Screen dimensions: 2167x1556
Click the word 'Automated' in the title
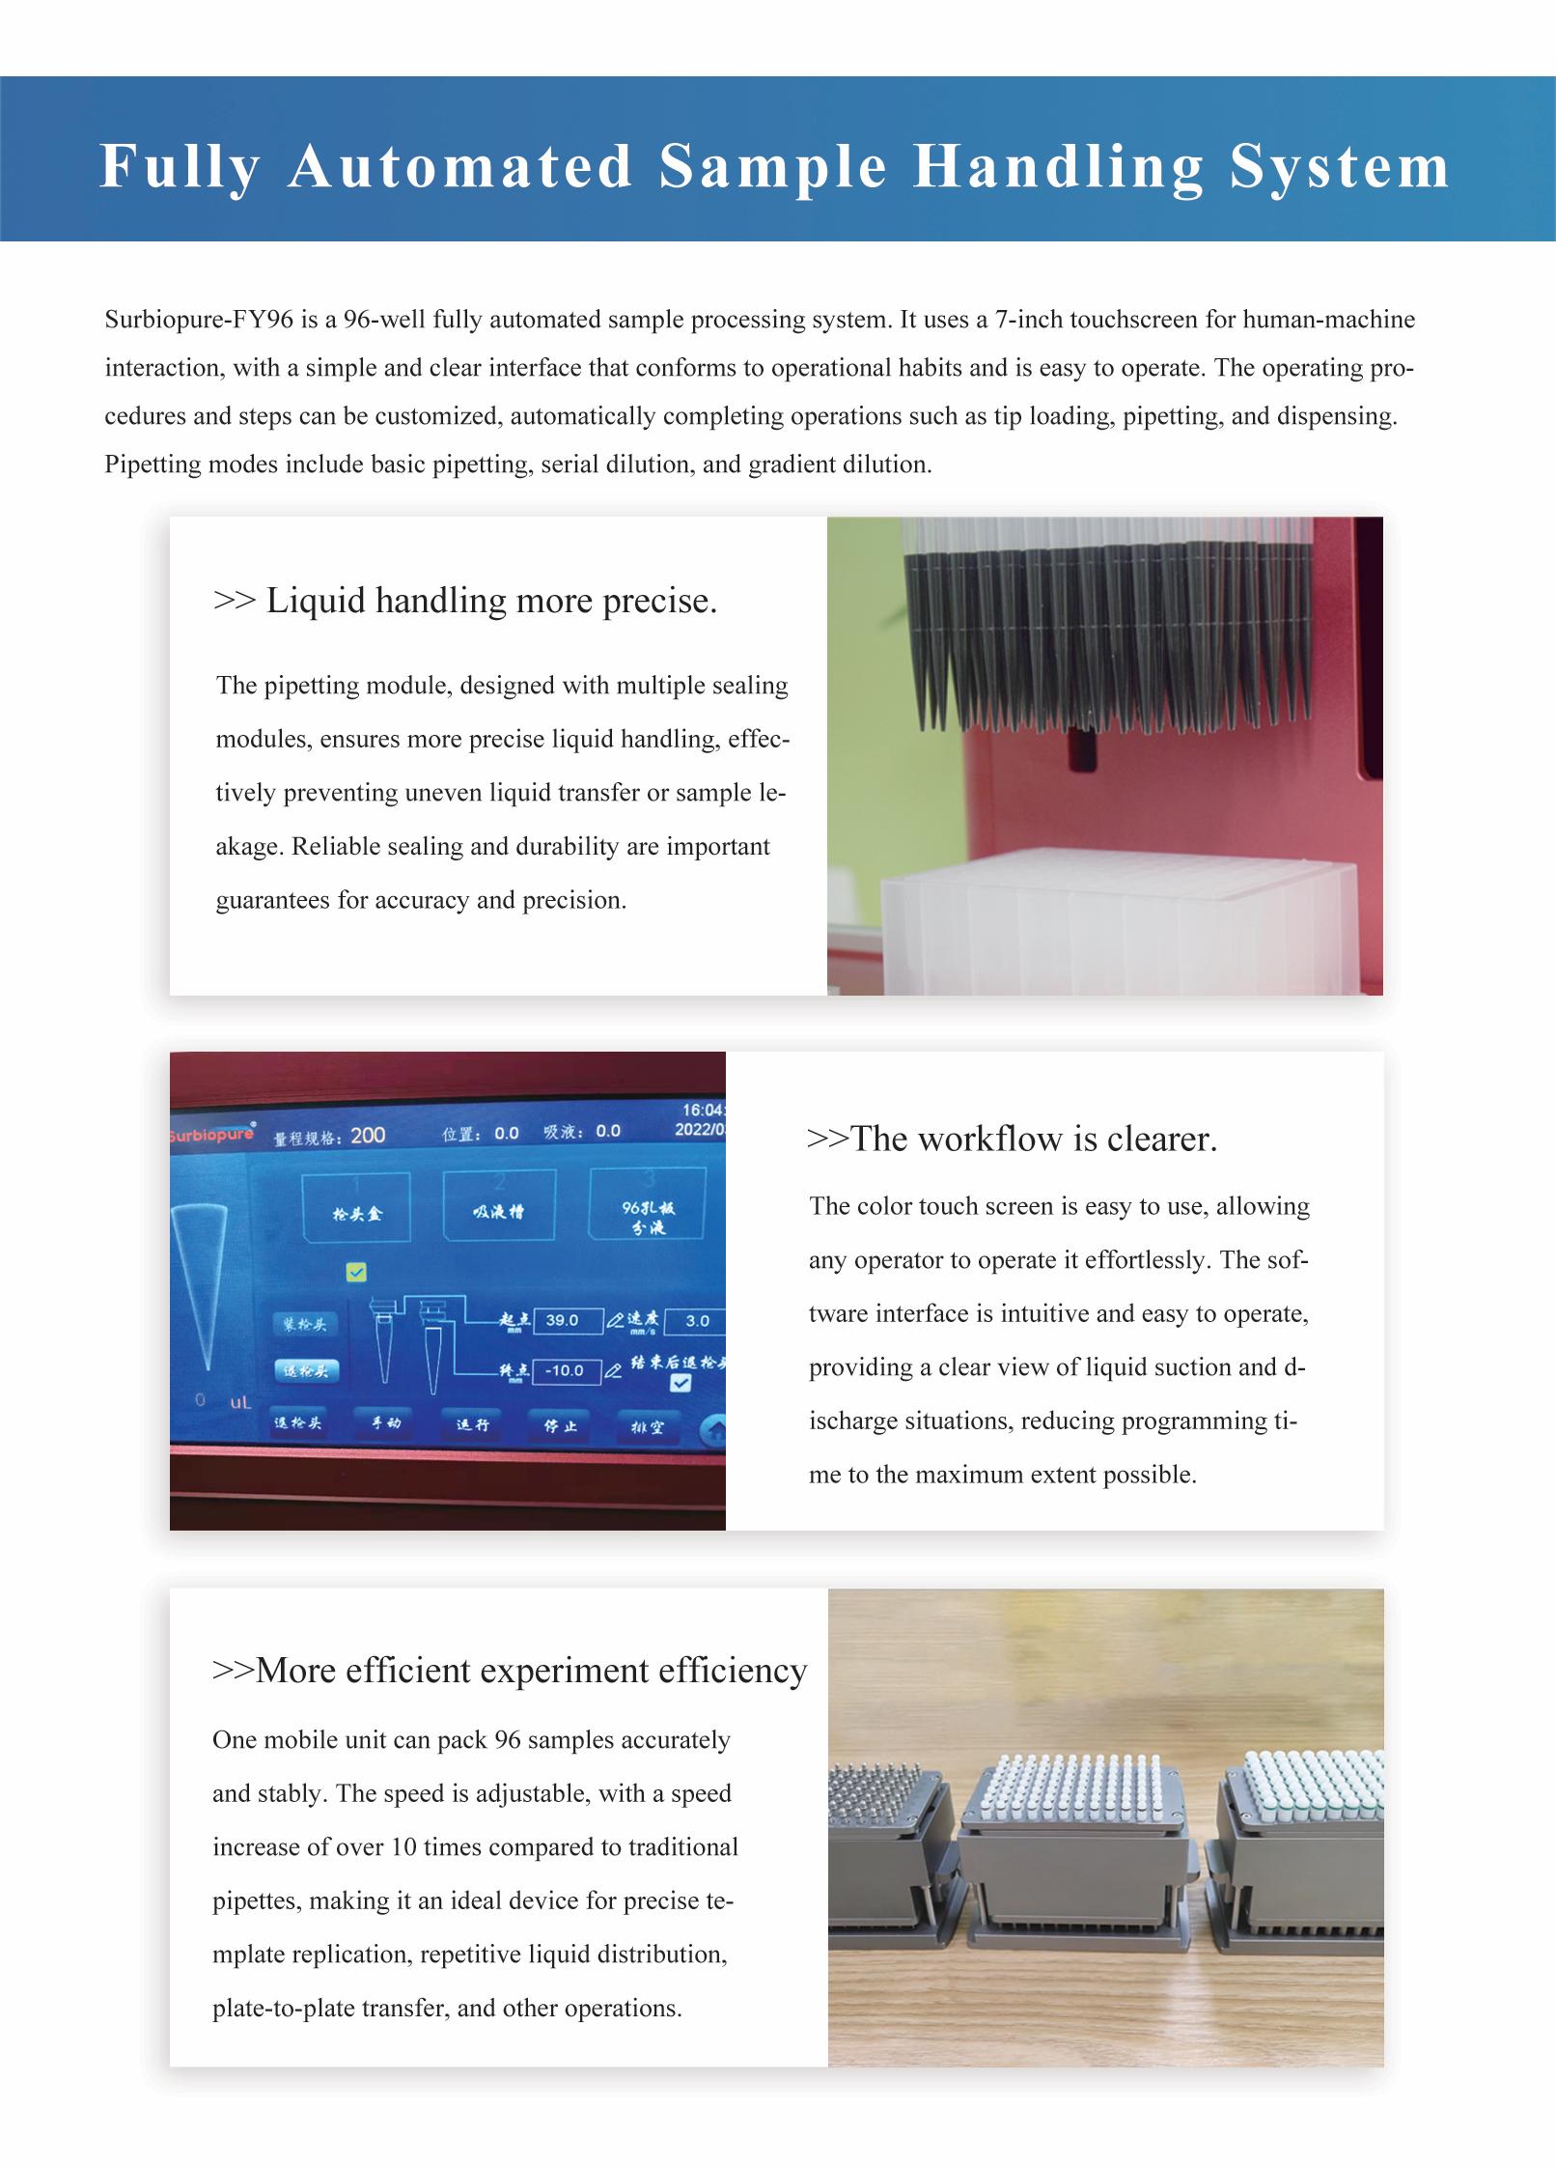459,166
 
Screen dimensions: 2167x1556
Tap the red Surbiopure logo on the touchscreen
212,1134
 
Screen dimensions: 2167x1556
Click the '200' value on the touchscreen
368,1136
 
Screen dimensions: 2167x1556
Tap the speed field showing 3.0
697,1321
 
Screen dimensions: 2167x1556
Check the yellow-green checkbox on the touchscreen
356,1273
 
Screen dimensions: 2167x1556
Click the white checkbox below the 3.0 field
681,1383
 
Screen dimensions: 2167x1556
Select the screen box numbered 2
499,1205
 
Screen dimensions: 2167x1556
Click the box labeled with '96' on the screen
647,1205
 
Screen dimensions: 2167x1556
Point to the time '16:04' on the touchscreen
702,1111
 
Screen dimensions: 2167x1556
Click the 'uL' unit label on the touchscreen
240,1403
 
